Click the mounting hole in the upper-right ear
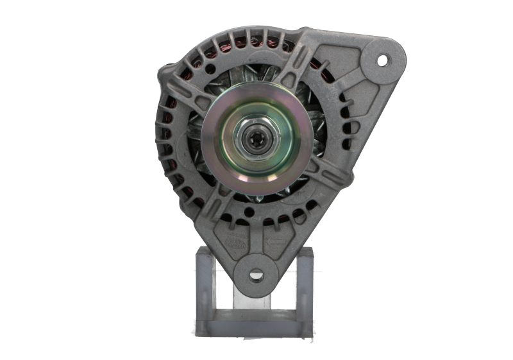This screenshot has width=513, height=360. click(383, 60)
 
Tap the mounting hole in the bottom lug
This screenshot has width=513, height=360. click(256, 276)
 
